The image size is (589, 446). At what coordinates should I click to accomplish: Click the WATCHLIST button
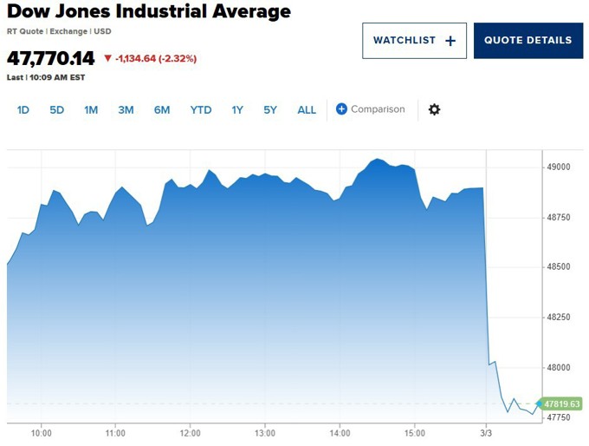(414, 41)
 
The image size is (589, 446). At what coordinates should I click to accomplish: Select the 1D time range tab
(23, 110)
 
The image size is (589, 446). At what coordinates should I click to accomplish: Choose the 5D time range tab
(56, 110)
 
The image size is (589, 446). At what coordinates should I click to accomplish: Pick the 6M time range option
(162, 110)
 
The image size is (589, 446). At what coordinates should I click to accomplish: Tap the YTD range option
(201, 110)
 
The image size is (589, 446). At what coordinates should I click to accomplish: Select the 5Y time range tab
(270, 110)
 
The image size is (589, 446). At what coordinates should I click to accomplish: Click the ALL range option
(307, 110)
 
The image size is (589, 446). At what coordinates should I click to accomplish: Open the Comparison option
(371, 109)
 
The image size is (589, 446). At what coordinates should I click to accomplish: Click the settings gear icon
(435, 109)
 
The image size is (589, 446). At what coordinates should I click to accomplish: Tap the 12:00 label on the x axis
(191, 432)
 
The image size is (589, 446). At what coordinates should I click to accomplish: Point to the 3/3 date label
(486, 432)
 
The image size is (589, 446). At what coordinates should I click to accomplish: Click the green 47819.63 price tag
(561, 403)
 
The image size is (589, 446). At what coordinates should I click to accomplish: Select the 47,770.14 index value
(51, 59)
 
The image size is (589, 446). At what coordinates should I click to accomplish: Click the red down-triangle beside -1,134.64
(107, 59)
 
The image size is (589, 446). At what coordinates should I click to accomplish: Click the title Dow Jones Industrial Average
(149, 12)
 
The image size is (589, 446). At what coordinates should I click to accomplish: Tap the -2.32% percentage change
(178, 59)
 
